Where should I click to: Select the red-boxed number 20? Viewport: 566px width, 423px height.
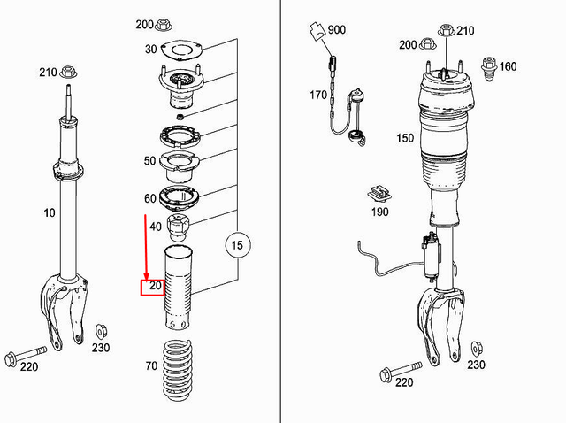pos(155,287)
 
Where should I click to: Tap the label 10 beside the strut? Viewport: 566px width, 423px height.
pos(48,213)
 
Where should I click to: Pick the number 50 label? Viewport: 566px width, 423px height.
pos(149,161)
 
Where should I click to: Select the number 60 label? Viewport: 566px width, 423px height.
pos(149,198)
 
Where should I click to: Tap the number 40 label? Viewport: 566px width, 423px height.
pos(156,227)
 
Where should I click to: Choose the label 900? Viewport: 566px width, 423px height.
pos(336,30)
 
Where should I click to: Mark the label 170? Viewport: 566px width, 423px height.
pos(318,94)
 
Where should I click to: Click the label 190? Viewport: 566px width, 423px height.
pos(379,212)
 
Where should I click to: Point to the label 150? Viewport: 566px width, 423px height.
pos(405,138)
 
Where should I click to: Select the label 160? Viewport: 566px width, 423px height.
pos(508,65)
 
